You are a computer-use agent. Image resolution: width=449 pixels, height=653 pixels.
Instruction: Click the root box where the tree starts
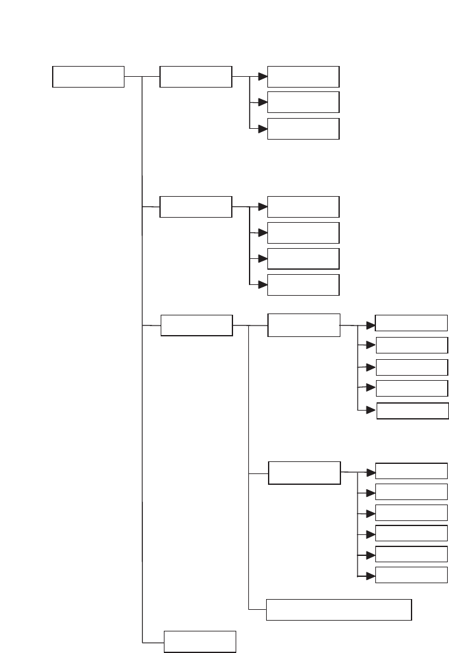coord(88,77)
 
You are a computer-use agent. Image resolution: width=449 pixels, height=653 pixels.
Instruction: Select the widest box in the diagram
coord(339,609)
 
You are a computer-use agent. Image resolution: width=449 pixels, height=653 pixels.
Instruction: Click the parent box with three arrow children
coord(196,77)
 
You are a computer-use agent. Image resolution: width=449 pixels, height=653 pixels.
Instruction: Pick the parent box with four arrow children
coord(196,207)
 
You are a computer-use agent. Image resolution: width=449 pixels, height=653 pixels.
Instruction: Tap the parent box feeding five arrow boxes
coord(304,325)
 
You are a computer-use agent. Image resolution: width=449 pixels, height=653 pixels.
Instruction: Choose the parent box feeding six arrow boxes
coord(304,473)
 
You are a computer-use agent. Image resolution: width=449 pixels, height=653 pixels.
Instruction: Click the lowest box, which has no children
coord(200,642)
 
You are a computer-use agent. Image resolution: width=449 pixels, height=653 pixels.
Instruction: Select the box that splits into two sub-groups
coord(196,326)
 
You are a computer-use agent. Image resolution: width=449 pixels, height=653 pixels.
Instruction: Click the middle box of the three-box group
coord(304,102)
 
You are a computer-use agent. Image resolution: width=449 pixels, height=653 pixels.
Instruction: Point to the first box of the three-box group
coord(304,76)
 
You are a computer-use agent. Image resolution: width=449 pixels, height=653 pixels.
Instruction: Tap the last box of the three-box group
coord(304,129)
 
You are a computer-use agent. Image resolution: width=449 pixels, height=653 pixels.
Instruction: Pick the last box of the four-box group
coord(304,285)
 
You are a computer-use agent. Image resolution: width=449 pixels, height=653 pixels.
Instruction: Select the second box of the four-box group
coord(304,233)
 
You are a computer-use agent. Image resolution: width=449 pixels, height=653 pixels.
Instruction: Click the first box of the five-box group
coord(412,323)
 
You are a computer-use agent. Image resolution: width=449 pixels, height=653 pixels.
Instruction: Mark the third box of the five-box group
coord(412,367)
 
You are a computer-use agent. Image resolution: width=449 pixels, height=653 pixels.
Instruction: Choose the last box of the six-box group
coord(412,575)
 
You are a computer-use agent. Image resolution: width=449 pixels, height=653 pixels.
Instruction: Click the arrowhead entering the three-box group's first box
coord(262,77)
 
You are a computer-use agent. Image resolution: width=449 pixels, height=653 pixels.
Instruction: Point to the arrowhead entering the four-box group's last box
coord(262,285)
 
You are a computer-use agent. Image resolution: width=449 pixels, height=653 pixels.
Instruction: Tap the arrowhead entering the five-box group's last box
coord(372,411)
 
